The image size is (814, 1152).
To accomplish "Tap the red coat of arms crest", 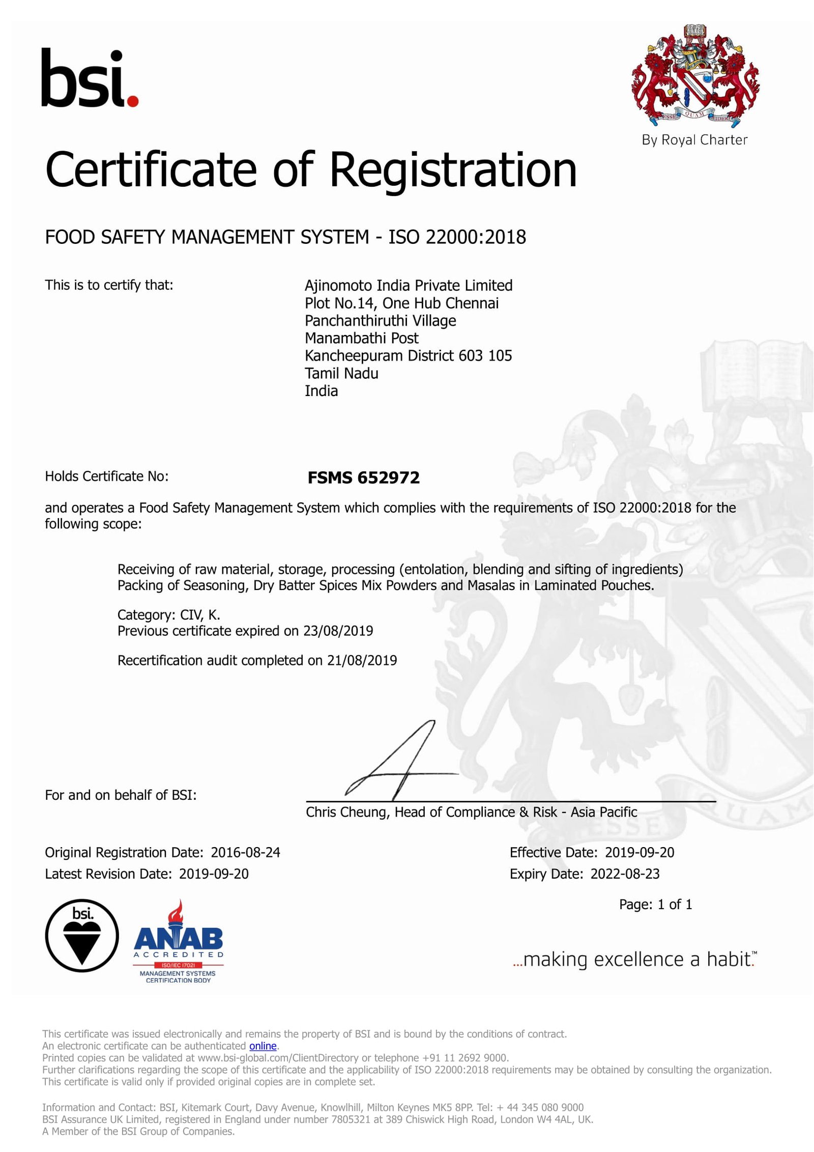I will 695,76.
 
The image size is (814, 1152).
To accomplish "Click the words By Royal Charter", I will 694,140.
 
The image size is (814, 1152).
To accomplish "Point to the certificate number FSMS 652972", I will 363,477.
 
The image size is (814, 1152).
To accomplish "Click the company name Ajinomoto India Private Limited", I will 408,286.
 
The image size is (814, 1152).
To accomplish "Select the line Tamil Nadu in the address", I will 341,373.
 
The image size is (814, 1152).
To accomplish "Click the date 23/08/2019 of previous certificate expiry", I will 338,631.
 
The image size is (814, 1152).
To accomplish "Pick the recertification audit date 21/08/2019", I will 362,660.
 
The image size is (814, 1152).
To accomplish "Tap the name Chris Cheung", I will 346,812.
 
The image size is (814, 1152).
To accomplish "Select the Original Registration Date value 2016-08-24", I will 245,852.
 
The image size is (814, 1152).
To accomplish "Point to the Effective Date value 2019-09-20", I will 639,852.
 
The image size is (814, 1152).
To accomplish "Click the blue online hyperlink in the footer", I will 263,1046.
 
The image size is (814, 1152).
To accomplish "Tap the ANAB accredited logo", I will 178,941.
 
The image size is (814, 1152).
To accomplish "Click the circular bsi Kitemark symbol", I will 82,935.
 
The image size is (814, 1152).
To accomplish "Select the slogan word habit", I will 730,959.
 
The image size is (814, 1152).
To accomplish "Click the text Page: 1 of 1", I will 655,904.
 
